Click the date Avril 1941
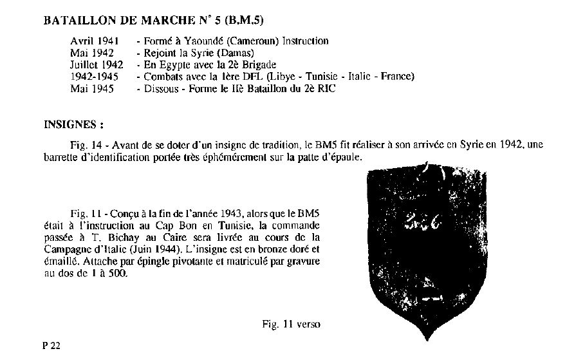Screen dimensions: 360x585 (94, 41)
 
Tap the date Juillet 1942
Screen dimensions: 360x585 (97, 65)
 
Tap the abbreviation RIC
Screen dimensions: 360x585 (326, 89)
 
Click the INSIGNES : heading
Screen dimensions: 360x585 (73, 123)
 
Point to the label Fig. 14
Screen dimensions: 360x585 (85, 145)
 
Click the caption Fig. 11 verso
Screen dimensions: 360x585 (291, 324)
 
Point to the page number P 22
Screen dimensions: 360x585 (51, 346)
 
